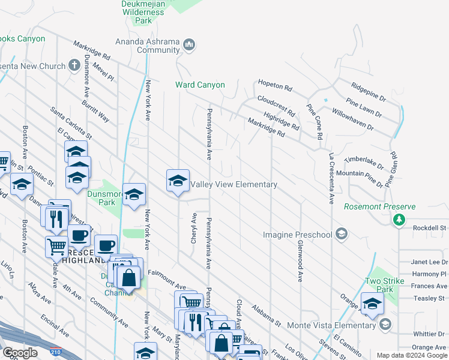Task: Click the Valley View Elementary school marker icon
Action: [178, 181]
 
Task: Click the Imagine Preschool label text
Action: [298, 234]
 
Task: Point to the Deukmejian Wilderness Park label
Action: [143, 12]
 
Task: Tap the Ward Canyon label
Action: [200, 85]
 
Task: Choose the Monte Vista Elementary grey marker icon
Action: [385, 324]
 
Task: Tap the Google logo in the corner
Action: [20, 353]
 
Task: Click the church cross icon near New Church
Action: [74, 65]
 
